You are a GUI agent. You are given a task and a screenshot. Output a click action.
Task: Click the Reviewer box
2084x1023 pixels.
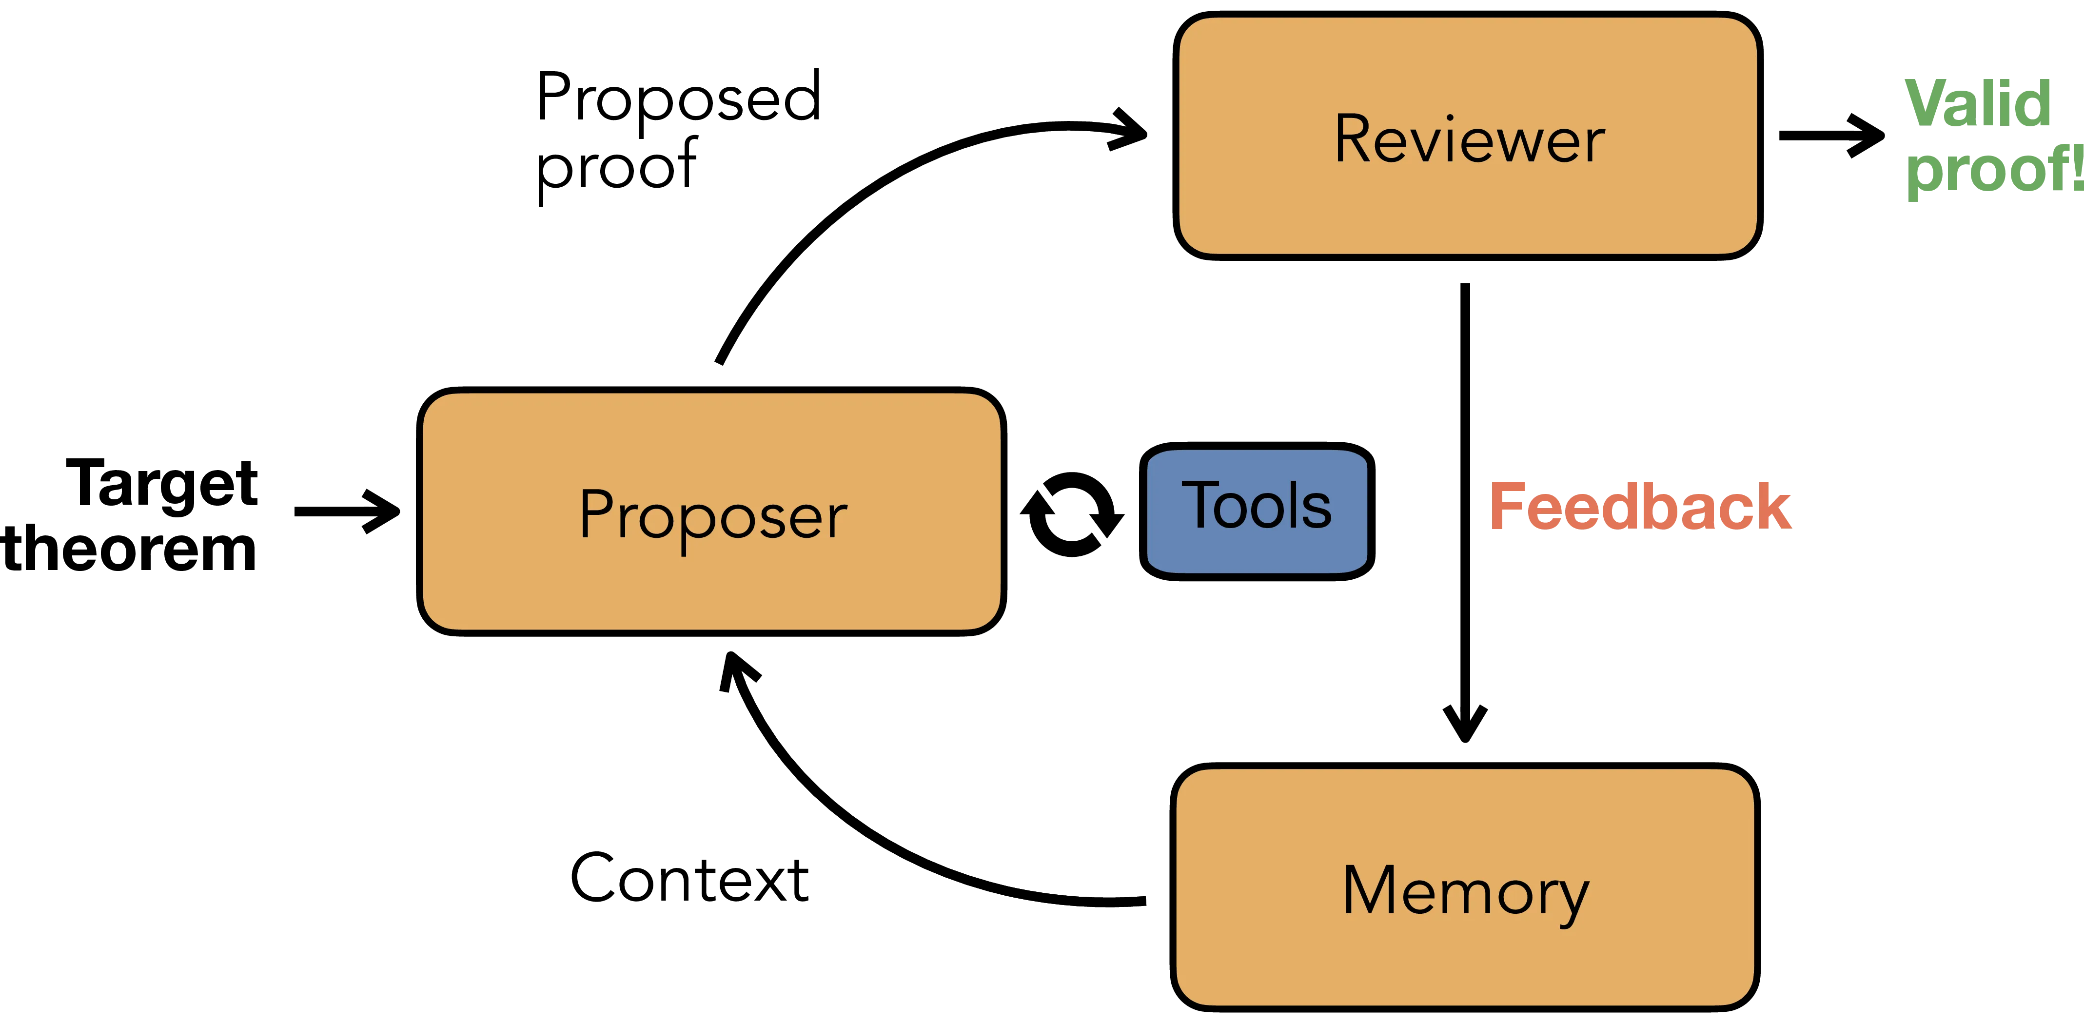(1468, 136)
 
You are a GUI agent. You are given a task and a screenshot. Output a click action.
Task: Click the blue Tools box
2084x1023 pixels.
(1257, 510)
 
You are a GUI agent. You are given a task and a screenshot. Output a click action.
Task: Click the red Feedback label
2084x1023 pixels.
(1641, 507)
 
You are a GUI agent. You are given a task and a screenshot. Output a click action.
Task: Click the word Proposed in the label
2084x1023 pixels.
(678, 98)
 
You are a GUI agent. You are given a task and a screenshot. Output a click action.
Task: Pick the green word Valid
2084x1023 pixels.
(1978, 103)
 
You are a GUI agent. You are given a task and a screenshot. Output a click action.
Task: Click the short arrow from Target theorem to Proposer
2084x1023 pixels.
(346, 511)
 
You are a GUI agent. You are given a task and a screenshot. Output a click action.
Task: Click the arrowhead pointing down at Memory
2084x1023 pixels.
(1464, 720)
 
